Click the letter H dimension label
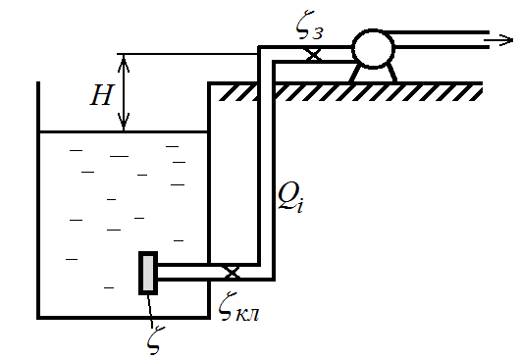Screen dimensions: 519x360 click(x=103, y=95)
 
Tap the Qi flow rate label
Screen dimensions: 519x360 click(x=290, y=197)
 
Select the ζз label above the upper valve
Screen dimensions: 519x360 click(x=309, y=26)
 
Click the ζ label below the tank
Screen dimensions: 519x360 click(x=156, y=340)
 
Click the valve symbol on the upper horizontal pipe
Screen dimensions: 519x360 click(x=313, y=55)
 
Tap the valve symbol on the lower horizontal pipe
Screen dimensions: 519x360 click(x=233, y=273)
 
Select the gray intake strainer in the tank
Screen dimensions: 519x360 click(x=148, y=273)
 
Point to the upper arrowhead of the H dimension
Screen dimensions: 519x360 click(x=124, y=63)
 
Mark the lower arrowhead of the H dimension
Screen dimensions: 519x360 click(x=124, y=122)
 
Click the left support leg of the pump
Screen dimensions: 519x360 click(x=354, y=73)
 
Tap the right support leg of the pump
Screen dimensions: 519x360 click(x=391, y=73)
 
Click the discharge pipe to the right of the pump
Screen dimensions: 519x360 click(x=441, y=39)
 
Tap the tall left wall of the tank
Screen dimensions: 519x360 click(x=38, y=200)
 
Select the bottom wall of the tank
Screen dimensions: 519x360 click(x=124, y=318)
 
